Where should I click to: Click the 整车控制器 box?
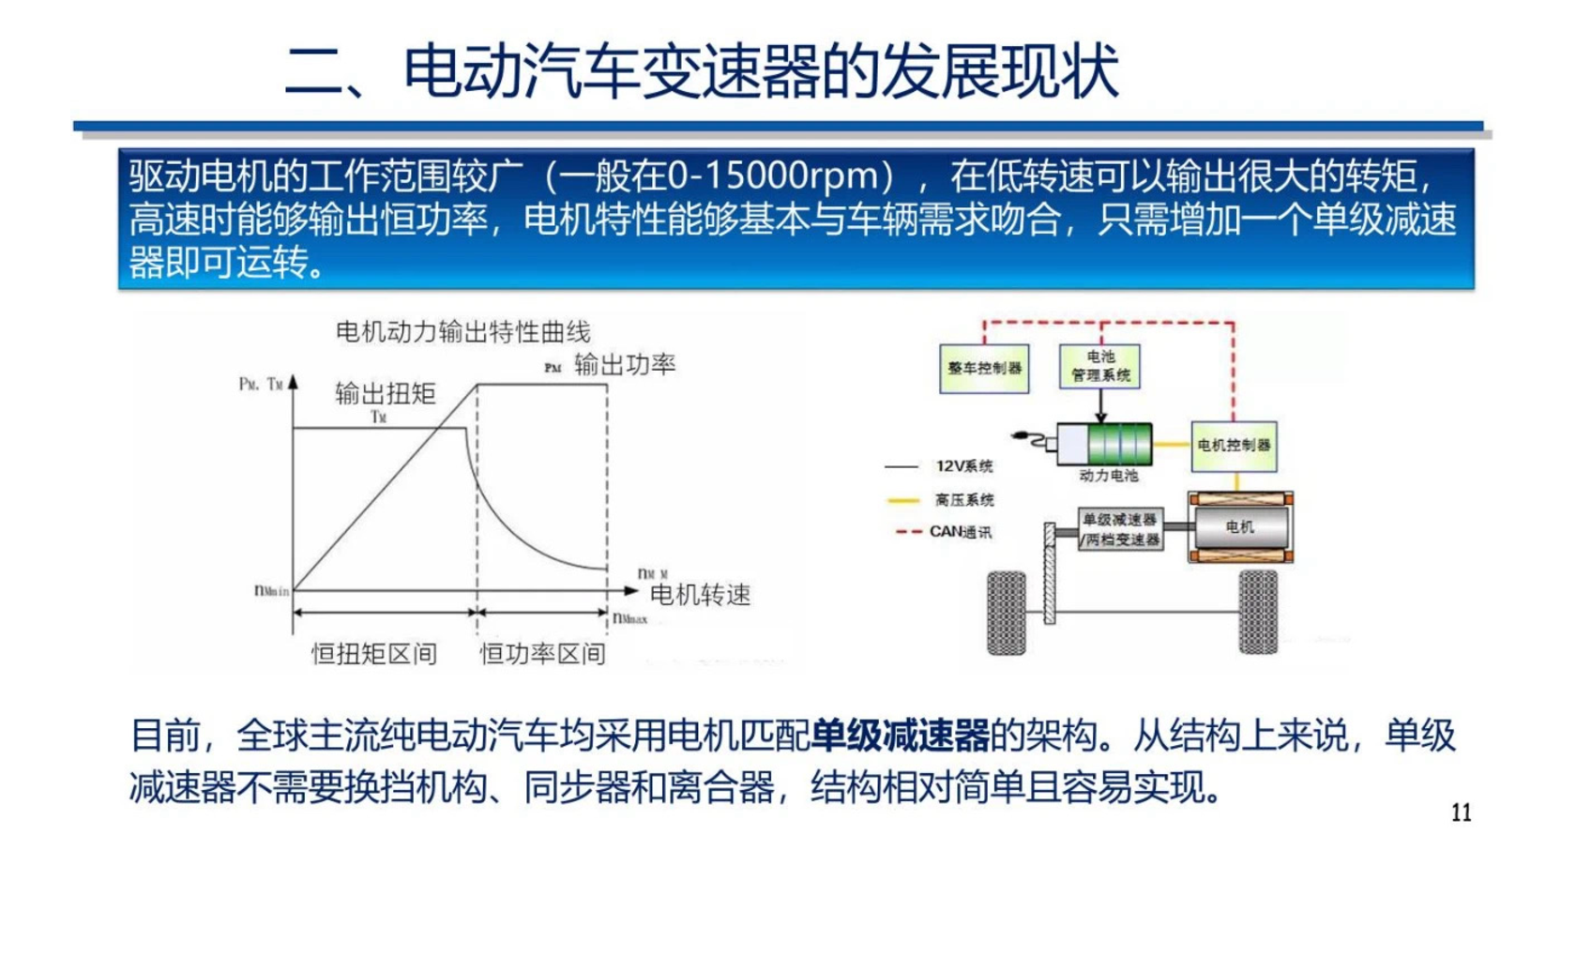983,369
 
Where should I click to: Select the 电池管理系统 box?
1099,366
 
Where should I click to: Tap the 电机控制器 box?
1234,446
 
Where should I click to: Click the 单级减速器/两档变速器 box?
1120,529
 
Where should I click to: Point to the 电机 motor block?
1240,527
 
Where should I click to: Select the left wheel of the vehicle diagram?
1007,613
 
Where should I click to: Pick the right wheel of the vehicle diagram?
1258,613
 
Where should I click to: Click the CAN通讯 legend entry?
960,532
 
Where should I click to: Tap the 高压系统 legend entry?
963,500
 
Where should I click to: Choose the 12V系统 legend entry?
963,466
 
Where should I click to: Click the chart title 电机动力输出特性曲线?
462,332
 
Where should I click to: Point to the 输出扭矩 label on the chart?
385,393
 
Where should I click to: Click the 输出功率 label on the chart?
625,364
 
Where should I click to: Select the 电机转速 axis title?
700,594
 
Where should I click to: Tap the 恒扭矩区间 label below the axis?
374,654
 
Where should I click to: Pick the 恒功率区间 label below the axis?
542,654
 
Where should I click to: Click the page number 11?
1461,813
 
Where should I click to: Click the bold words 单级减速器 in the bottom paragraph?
900,736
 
